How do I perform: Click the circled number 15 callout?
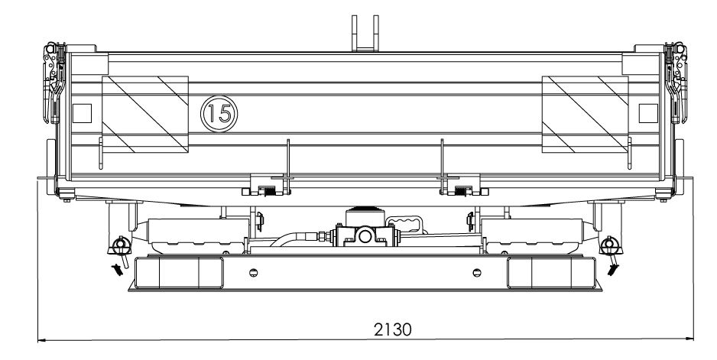[219, 114]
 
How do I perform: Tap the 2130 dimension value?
[392, 329]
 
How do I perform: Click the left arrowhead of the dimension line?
[42, 340]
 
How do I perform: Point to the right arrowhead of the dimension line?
[689, 339]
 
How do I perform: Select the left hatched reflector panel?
[145, 115]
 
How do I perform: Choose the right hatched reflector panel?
[585, 115]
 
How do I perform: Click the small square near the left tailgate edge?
[83, 113]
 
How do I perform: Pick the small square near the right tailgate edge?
[648, 113]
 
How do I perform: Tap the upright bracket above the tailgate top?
[365, 33]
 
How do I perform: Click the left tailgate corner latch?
[54, 83]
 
